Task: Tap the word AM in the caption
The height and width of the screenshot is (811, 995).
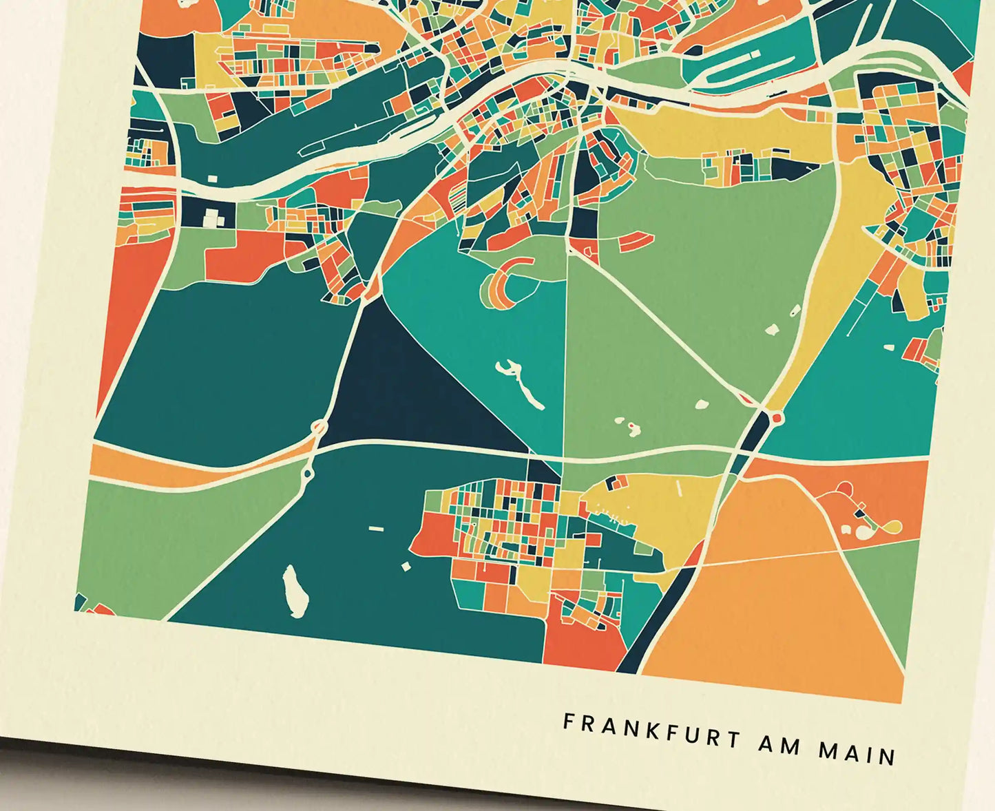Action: (x=779, y=746)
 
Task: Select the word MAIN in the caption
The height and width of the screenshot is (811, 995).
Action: (x=857, y=754)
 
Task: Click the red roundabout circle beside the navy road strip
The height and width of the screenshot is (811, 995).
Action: (x=777, y=417)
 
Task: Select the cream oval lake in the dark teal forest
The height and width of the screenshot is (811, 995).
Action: (x=295, y=591)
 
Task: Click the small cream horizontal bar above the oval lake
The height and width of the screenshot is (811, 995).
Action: (x=375, y=529)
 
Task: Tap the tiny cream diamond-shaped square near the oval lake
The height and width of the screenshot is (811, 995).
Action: (x=406, y=566)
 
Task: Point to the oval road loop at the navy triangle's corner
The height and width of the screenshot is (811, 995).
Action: (x=320, y=428)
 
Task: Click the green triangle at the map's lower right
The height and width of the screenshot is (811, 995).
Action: (x=895, y=592)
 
